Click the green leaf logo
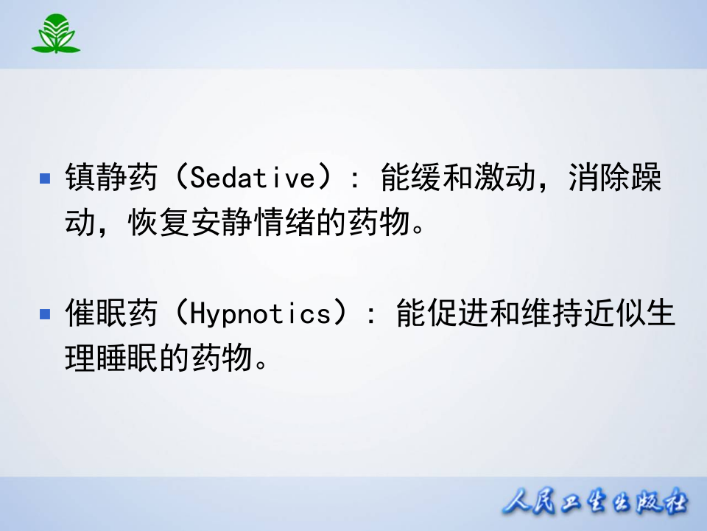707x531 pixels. [56, 34]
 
